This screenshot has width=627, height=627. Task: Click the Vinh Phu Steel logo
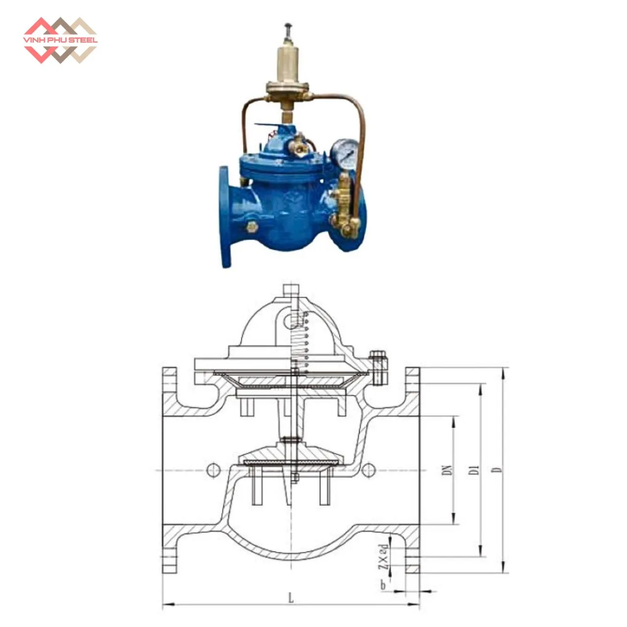click(60, 40)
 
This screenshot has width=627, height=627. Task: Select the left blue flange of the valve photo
click(225, 216)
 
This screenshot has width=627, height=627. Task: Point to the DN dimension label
click(446, 470)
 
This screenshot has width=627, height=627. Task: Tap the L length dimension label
click(291, 599)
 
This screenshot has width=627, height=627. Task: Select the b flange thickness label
click(384, 585)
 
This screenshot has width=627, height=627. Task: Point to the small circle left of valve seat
click(214, 470)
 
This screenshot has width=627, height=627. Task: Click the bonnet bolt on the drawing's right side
click(378, 367)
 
